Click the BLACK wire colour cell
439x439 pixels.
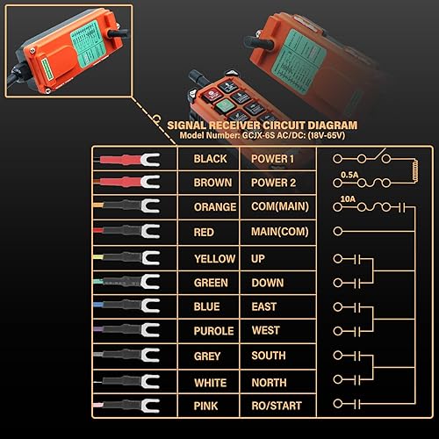pos(210,159)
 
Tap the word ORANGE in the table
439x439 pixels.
pos(215,207)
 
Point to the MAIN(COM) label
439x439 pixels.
pos(280,232)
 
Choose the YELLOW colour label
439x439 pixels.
pos(215,259)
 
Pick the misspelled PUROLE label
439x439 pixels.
pos(213,331)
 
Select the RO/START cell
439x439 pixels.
pos(277,406)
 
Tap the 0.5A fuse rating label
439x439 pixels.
pos(349,175)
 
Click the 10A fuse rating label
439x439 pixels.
pos(348,199)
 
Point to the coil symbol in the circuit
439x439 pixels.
pos(414,171)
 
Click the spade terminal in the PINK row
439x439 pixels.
pos(150,406)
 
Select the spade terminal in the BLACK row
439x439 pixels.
pos(150,160)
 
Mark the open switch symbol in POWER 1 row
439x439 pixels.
pos(378,155)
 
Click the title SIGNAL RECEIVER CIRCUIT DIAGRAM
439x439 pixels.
pos(263,126)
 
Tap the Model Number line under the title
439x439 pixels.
pos(263,135)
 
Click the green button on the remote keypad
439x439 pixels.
pos(225,105)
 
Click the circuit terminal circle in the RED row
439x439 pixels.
pos(338,231)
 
